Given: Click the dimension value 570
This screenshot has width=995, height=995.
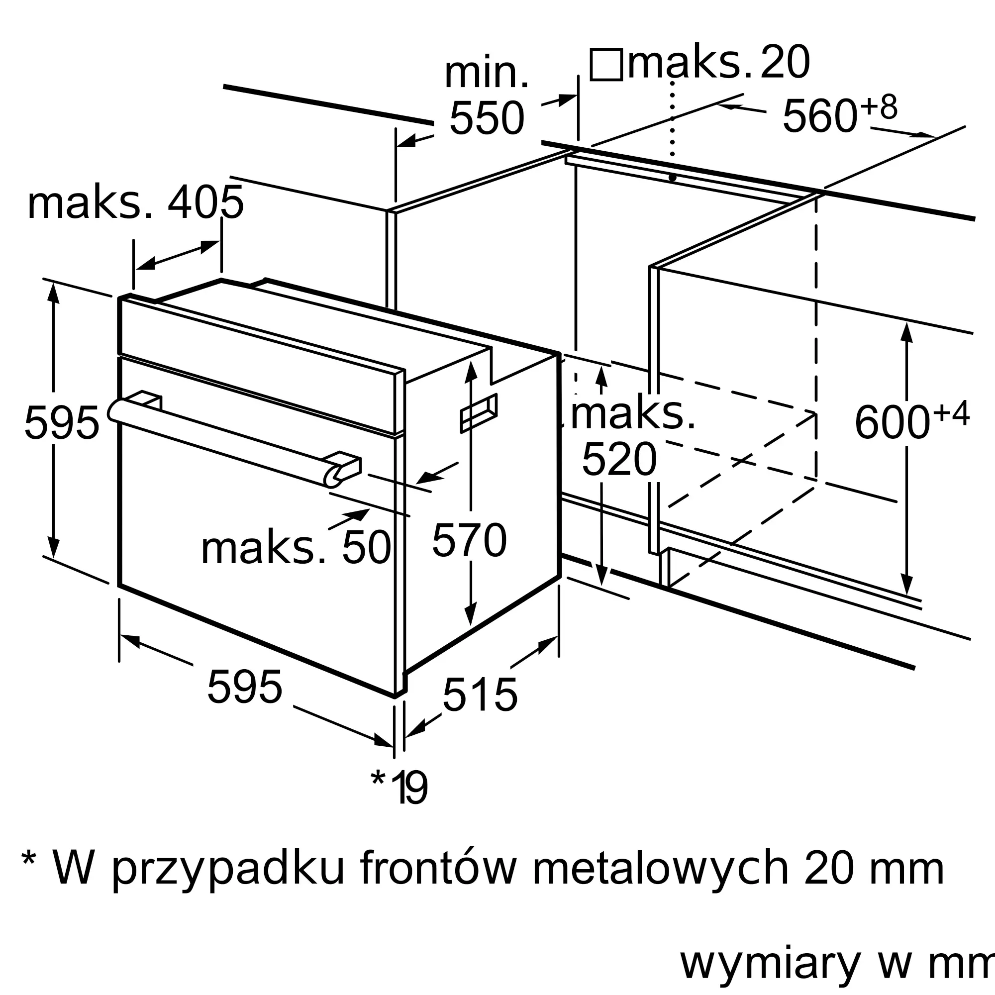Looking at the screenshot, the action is pos(469,540).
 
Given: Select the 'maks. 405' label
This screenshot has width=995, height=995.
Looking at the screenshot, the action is pos(135,202).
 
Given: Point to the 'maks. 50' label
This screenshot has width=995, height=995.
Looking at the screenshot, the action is pos(296,548).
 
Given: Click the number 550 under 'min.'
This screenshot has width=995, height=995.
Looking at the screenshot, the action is pos(487,118).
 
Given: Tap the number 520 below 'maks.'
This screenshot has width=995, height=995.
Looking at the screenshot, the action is pos(619,459).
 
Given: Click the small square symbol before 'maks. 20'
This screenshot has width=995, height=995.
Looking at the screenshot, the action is pos(606,64).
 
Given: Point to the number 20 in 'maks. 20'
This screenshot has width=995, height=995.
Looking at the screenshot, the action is pos(785,62).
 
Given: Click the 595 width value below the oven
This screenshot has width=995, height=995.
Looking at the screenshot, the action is pos(245,686).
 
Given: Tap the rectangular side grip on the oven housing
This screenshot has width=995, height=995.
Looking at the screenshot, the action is pos(479,413).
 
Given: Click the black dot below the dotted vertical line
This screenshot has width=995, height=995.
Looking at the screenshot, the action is pos(672,178).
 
